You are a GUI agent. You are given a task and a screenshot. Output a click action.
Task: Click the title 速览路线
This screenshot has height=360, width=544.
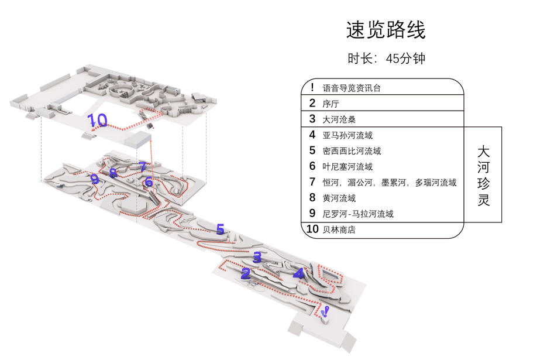click(x=385, y=30)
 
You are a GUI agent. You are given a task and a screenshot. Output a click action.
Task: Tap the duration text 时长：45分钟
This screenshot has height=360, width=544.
click(x=385, y=59)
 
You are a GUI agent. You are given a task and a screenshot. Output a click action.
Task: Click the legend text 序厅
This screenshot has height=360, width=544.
click(x=330, y=104)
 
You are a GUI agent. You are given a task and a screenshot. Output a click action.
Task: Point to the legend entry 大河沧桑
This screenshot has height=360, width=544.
click(x=339, y=119)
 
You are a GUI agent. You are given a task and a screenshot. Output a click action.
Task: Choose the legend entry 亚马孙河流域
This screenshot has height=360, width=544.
click(x=347, y=135)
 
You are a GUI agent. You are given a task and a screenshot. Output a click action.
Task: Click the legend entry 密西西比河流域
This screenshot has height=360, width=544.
click(x=352, y=151)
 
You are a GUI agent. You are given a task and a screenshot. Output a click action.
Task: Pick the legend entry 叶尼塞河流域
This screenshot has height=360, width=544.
click(x=347, y=167)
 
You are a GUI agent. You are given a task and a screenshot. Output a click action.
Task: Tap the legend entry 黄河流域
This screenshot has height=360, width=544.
click(x=339, y=198)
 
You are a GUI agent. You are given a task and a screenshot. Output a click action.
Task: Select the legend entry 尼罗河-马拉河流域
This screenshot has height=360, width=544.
click(x=358, y=214)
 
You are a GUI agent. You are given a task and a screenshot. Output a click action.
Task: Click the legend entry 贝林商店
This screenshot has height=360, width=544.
click(x=339, y=230)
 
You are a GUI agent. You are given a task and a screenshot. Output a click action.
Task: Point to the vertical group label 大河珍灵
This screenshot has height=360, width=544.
click(x=483, y=175)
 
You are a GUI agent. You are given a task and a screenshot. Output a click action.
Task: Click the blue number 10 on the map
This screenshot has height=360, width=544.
click(x=98, y=121)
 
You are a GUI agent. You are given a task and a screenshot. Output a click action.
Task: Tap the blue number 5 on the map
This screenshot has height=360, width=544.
click(x=220, y=229)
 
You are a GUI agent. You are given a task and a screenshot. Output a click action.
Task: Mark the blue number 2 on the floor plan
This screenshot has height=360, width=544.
click(x=246, y=273)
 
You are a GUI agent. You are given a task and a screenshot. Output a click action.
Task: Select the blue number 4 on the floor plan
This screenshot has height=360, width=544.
click(x=298, y=273)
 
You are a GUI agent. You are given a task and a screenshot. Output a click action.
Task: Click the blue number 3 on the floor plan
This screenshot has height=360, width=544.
click(x=257, y=256)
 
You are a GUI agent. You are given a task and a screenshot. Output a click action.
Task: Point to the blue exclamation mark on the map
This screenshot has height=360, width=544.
click(x=326, y=312)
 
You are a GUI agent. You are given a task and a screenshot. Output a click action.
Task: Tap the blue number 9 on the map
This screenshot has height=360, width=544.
click(x=95, y=180)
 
